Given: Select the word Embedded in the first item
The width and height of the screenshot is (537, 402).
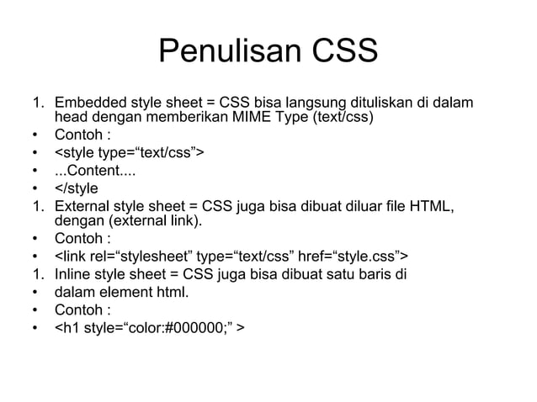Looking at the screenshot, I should (88, 103).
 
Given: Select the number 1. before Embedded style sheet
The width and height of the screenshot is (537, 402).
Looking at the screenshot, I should (39, 103).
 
